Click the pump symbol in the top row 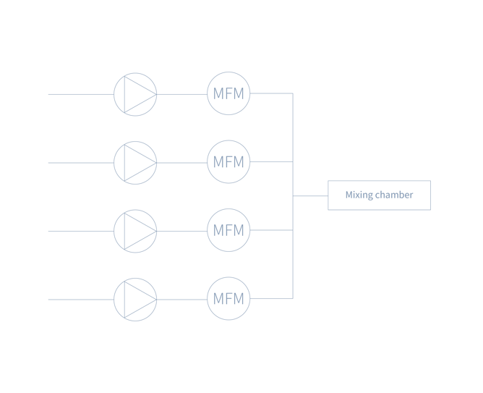click(x=135, y=94)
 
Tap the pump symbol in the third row click(x=135, y=231)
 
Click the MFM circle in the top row click(x=228, y=93)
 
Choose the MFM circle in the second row click(x=228, y=162)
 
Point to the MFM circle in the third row click(x=228, y=230)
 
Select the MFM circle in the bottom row click(x=228, y=298)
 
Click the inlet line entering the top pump click(x=80, y=94)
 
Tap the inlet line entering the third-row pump click(x=80, y=231)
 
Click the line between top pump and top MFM click(x=181, y=94)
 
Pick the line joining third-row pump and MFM click(x=181, y=231)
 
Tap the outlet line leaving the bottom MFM click(x=271, y=298)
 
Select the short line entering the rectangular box click(x=310, y=195)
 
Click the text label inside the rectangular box click(x=379, y=195)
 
